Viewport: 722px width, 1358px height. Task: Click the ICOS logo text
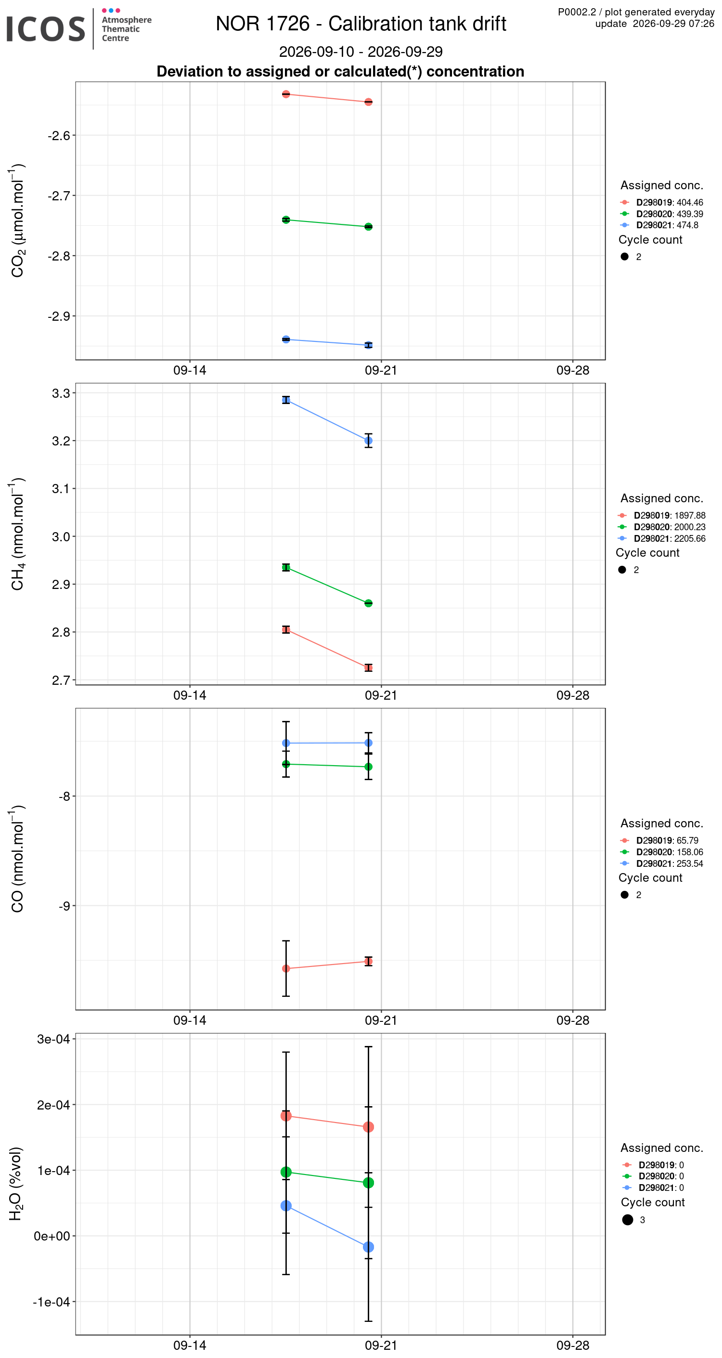click(x=45, y=29)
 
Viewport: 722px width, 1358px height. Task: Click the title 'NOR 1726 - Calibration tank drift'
click(x=361, y=24)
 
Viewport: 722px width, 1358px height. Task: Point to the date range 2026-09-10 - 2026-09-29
click(x=361, y=52)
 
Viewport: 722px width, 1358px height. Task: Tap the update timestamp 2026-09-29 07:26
click(x=673, y=24)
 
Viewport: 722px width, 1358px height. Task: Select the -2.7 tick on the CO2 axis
click(x=59, y=196)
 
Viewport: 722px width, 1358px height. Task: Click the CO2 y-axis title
click(x=17, y=221)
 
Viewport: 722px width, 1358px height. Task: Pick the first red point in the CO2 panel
click(x=286, y=94)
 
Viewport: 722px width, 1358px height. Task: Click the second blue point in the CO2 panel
click(x=368, y=345)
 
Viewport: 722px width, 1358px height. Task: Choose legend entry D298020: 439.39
click(x=670, y=214)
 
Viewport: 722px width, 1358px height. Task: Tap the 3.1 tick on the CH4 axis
click(x=61, y=489)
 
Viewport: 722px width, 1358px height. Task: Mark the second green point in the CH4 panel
click(x=368, y=603)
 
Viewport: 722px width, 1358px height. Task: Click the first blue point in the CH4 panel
click(x=286, y=400)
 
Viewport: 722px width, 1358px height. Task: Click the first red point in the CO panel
click(x=286, y=968)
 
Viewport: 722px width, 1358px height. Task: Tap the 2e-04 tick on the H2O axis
click(x=53, y=1105)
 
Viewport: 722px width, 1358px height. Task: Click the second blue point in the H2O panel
click(x=368, y=1247)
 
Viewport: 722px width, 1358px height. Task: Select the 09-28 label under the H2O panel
click(x=573, y=1345)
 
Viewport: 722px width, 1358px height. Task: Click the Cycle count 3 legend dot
click(x=627, y=1220)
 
